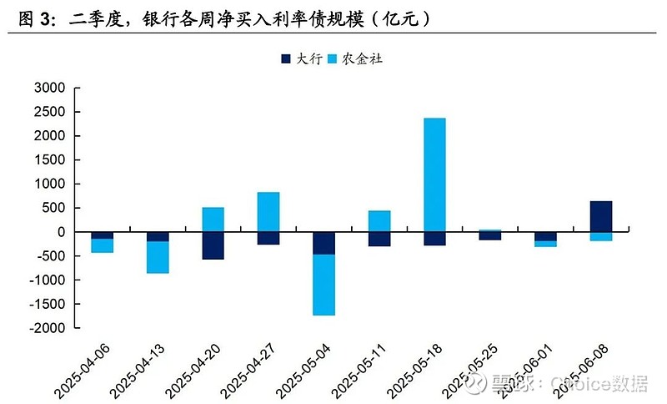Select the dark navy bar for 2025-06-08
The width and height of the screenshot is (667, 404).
600,216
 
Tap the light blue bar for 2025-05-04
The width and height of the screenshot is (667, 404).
323,285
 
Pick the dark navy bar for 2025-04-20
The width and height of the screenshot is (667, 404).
213,245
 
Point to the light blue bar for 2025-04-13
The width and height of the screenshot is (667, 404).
158,257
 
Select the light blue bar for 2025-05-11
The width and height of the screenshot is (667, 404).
379,221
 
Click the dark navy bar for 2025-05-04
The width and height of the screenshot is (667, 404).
323,243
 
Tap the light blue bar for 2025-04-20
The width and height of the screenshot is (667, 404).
213,220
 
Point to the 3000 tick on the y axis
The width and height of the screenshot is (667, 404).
49,88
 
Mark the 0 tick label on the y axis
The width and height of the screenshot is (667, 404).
61,232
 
